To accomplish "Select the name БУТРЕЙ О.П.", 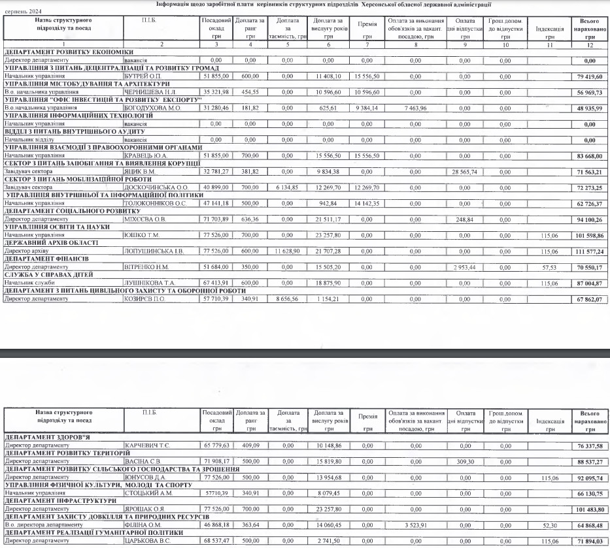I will point(142,76).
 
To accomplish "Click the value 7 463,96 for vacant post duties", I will point(415,108).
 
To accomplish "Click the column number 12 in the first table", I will point(590,45).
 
